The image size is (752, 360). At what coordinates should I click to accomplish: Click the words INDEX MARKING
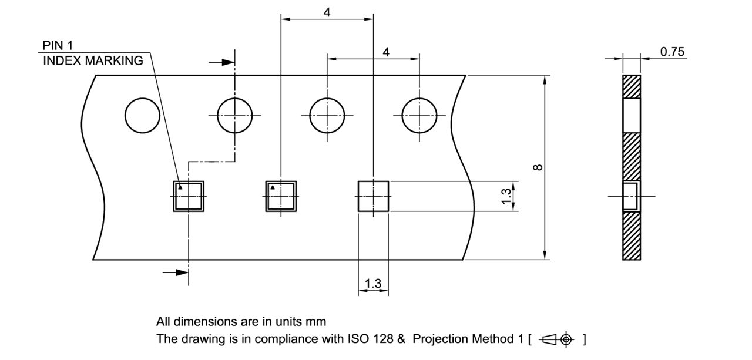point(93,60)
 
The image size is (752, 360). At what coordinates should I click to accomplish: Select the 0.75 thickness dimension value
point(672,52)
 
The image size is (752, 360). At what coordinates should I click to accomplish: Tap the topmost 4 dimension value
point(327,12)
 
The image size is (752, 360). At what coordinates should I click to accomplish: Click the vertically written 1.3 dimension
point(506,196)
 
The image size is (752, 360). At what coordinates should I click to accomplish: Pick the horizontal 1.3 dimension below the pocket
point(372,284)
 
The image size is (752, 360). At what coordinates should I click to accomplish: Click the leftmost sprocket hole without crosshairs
point(142,115)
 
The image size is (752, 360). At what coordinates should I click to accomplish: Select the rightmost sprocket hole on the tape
point(419,115)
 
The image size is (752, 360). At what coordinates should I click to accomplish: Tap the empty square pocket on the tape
point(373,196)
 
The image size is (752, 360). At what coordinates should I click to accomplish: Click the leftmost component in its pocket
point(189,196)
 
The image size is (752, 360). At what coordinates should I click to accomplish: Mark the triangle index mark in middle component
point(273,188)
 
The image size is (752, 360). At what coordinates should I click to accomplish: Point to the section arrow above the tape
point(221,62)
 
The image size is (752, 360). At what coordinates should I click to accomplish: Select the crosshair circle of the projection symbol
point(566,339)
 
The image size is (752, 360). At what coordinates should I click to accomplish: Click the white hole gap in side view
point(632,115)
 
